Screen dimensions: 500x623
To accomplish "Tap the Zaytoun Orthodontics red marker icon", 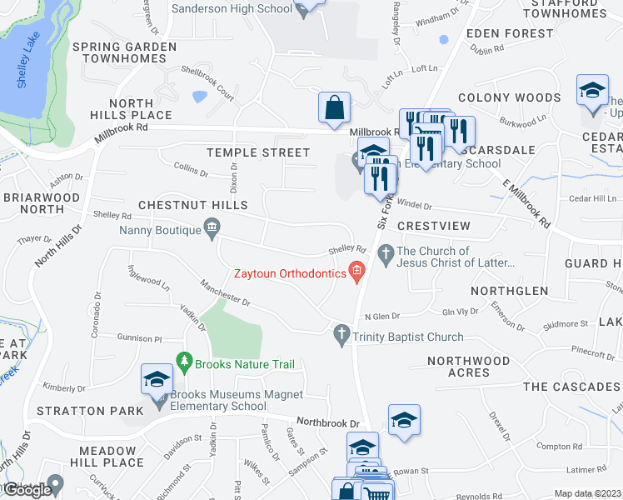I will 357,270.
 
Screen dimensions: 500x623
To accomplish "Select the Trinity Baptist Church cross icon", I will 341,336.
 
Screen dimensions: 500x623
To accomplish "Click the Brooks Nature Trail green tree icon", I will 184,363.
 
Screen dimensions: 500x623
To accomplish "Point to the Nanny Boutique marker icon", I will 212,227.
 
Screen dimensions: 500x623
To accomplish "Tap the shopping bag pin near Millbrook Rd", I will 334,107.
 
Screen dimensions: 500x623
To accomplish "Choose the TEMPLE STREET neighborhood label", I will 258,152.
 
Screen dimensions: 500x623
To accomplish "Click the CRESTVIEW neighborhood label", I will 434,226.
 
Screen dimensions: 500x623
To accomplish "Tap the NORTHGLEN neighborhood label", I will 509,291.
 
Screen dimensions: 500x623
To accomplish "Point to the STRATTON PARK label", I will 83,411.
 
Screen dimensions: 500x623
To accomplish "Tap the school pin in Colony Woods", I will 592,91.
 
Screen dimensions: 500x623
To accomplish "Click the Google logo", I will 27,490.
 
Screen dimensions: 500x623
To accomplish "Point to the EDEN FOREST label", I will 510,33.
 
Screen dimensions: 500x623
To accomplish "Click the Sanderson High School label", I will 232,9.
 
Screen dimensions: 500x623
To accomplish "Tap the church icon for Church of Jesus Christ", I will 386,252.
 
